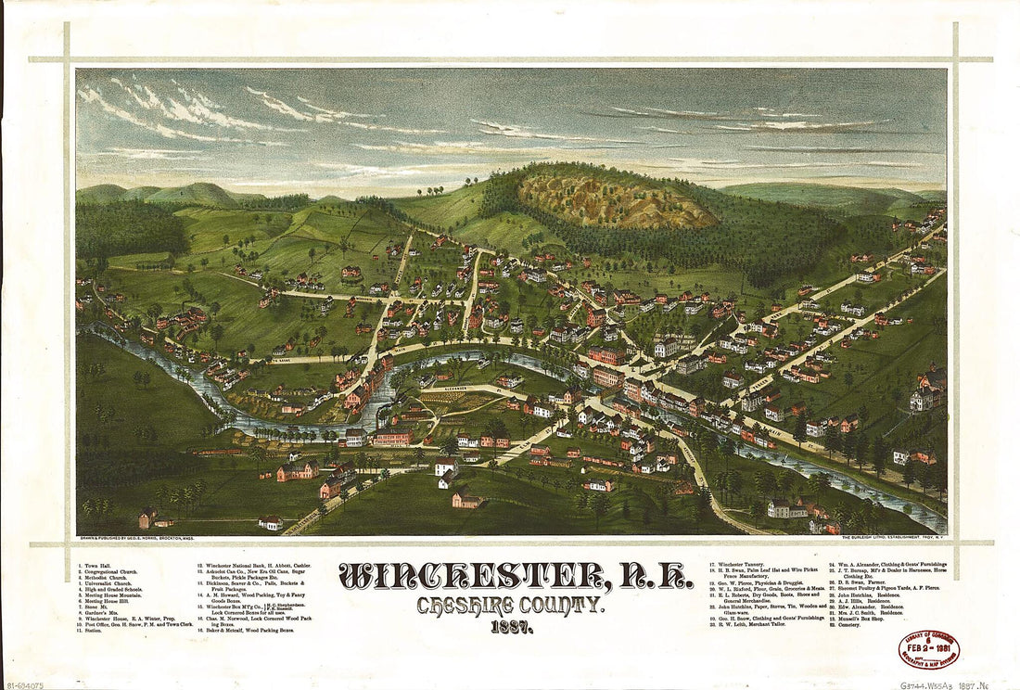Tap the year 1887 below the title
coord(512,628)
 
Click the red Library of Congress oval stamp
coord(927,650)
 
